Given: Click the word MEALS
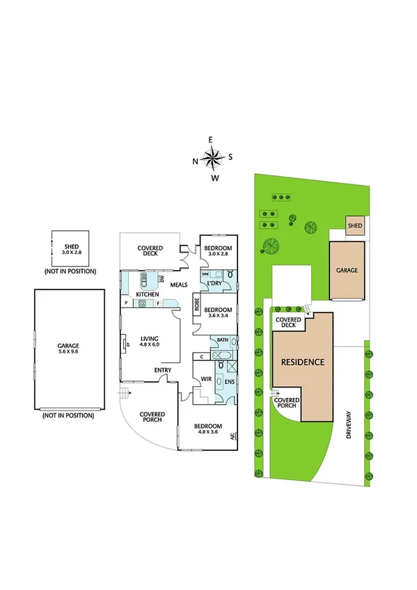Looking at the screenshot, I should [180, 284].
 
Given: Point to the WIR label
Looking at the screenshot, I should [206, 379].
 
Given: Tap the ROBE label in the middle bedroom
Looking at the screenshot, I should [197, 303].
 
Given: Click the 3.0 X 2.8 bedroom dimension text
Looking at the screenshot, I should [218, 255].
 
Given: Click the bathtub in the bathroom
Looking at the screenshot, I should [223, 356].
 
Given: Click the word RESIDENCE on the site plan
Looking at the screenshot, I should [303, 362].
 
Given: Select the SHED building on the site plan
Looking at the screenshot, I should [355, 225].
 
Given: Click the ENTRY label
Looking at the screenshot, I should [163, 370].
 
